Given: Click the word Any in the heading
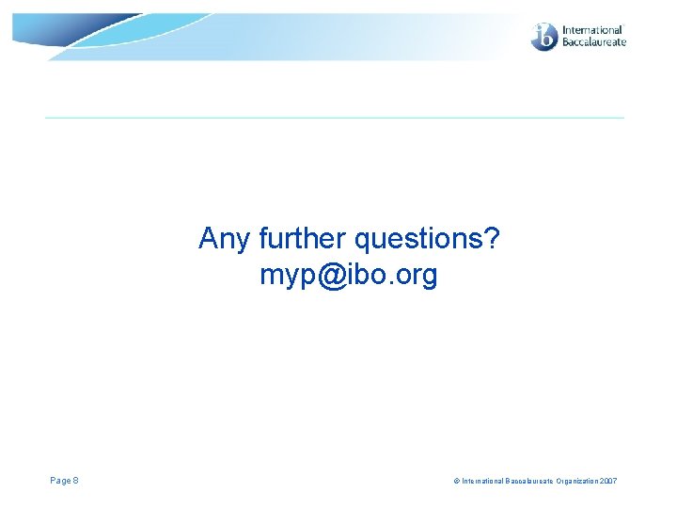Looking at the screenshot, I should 221,240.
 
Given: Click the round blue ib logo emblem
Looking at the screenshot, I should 544,37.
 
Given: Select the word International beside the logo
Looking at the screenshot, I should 592,30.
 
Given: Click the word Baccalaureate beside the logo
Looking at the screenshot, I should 593,42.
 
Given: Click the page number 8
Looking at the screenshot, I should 76,481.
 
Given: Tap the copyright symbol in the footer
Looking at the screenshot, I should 456,482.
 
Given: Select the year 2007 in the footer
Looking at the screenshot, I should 607,482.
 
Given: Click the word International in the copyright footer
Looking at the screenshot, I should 480,482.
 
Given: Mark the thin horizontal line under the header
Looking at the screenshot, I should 335,118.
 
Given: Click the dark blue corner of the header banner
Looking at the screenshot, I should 28,28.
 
